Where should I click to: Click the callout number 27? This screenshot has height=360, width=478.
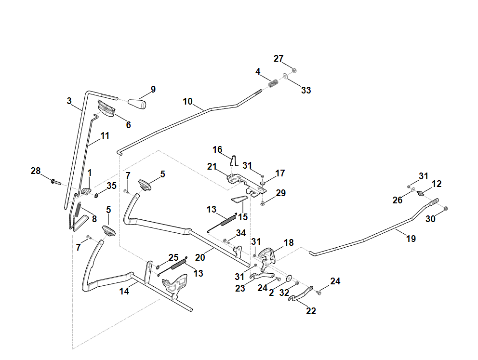coord(279,58)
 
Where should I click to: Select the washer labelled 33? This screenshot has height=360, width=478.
coord(286,76)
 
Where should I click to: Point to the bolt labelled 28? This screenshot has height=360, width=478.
coord(54,182)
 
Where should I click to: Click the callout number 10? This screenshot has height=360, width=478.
coord(188,102)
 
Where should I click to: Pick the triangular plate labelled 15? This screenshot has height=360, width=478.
coord(239,199)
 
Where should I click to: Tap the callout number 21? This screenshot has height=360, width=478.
coord(212,167)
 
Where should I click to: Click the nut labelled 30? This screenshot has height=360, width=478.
coord(446,208)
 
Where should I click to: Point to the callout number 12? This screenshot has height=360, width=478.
coord(437,184)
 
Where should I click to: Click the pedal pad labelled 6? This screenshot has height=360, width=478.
coord(107,109)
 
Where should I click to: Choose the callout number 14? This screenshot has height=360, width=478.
coord(124,291)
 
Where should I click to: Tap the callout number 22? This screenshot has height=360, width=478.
coord(311,311)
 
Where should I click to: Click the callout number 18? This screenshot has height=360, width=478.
coord(289,242)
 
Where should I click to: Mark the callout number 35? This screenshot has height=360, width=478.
coord(111,186)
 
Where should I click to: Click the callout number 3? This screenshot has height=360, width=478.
coord(69,101)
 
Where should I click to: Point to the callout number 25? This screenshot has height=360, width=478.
coord(173,257)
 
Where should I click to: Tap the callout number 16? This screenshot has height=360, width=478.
coord(217,149)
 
